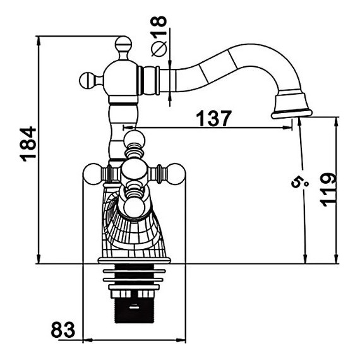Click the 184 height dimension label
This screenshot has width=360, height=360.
[x=28, y=144]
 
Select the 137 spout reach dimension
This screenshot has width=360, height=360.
[x=213, y=118]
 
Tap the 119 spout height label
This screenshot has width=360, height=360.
[x=328, y=189]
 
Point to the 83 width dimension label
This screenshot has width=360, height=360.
[x=63, y=330]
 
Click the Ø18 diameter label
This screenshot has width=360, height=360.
[x=159, y=36]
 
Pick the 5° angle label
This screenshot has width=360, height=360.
[x=300, y=180]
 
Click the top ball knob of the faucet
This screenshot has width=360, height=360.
[x=124, y=44]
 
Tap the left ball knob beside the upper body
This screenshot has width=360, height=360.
[x=88, y=80]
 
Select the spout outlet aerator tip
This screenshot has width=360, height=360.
[x=292, y=114]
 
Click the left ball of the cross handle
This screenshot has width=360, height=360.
[x=92, y=173]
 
